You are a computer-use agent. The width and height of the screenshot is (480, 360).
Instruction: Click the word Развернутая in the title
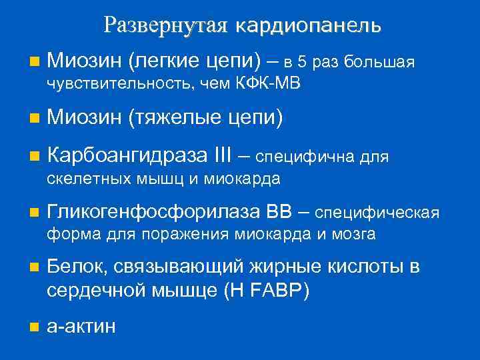point(163,25)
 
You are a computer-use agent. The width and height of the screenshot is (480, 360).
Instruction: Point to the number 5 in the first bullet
point(303,63)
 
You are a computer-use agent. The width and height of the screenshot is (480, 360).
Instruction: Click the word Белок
point(75,268)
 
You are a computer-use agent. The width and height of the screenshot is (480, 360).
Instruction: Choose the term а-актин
point(82,326)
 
